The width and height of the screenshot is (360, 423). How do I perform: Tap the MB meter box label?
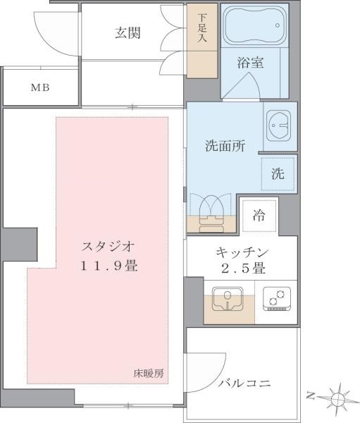tap(39, 88)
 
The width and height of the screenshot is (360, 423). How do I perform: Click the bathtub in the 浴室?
tap(254, 28)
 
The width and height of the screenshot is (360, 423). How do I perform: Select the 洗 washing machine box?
tap(278, 173)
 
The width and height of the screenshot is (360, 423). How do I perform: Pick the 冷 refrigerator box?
tap(259, 216)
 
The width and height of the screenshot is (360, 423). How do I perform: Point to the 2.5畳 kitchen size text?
tap(242, 269)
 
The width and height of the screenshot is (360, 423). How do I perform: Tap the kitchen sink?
tap(227, 300)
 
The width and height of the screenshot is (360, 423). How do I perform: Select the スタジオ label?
tap(108, 247)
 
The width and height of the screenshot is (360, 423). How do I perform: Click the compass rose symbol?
tap(339, 398)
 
